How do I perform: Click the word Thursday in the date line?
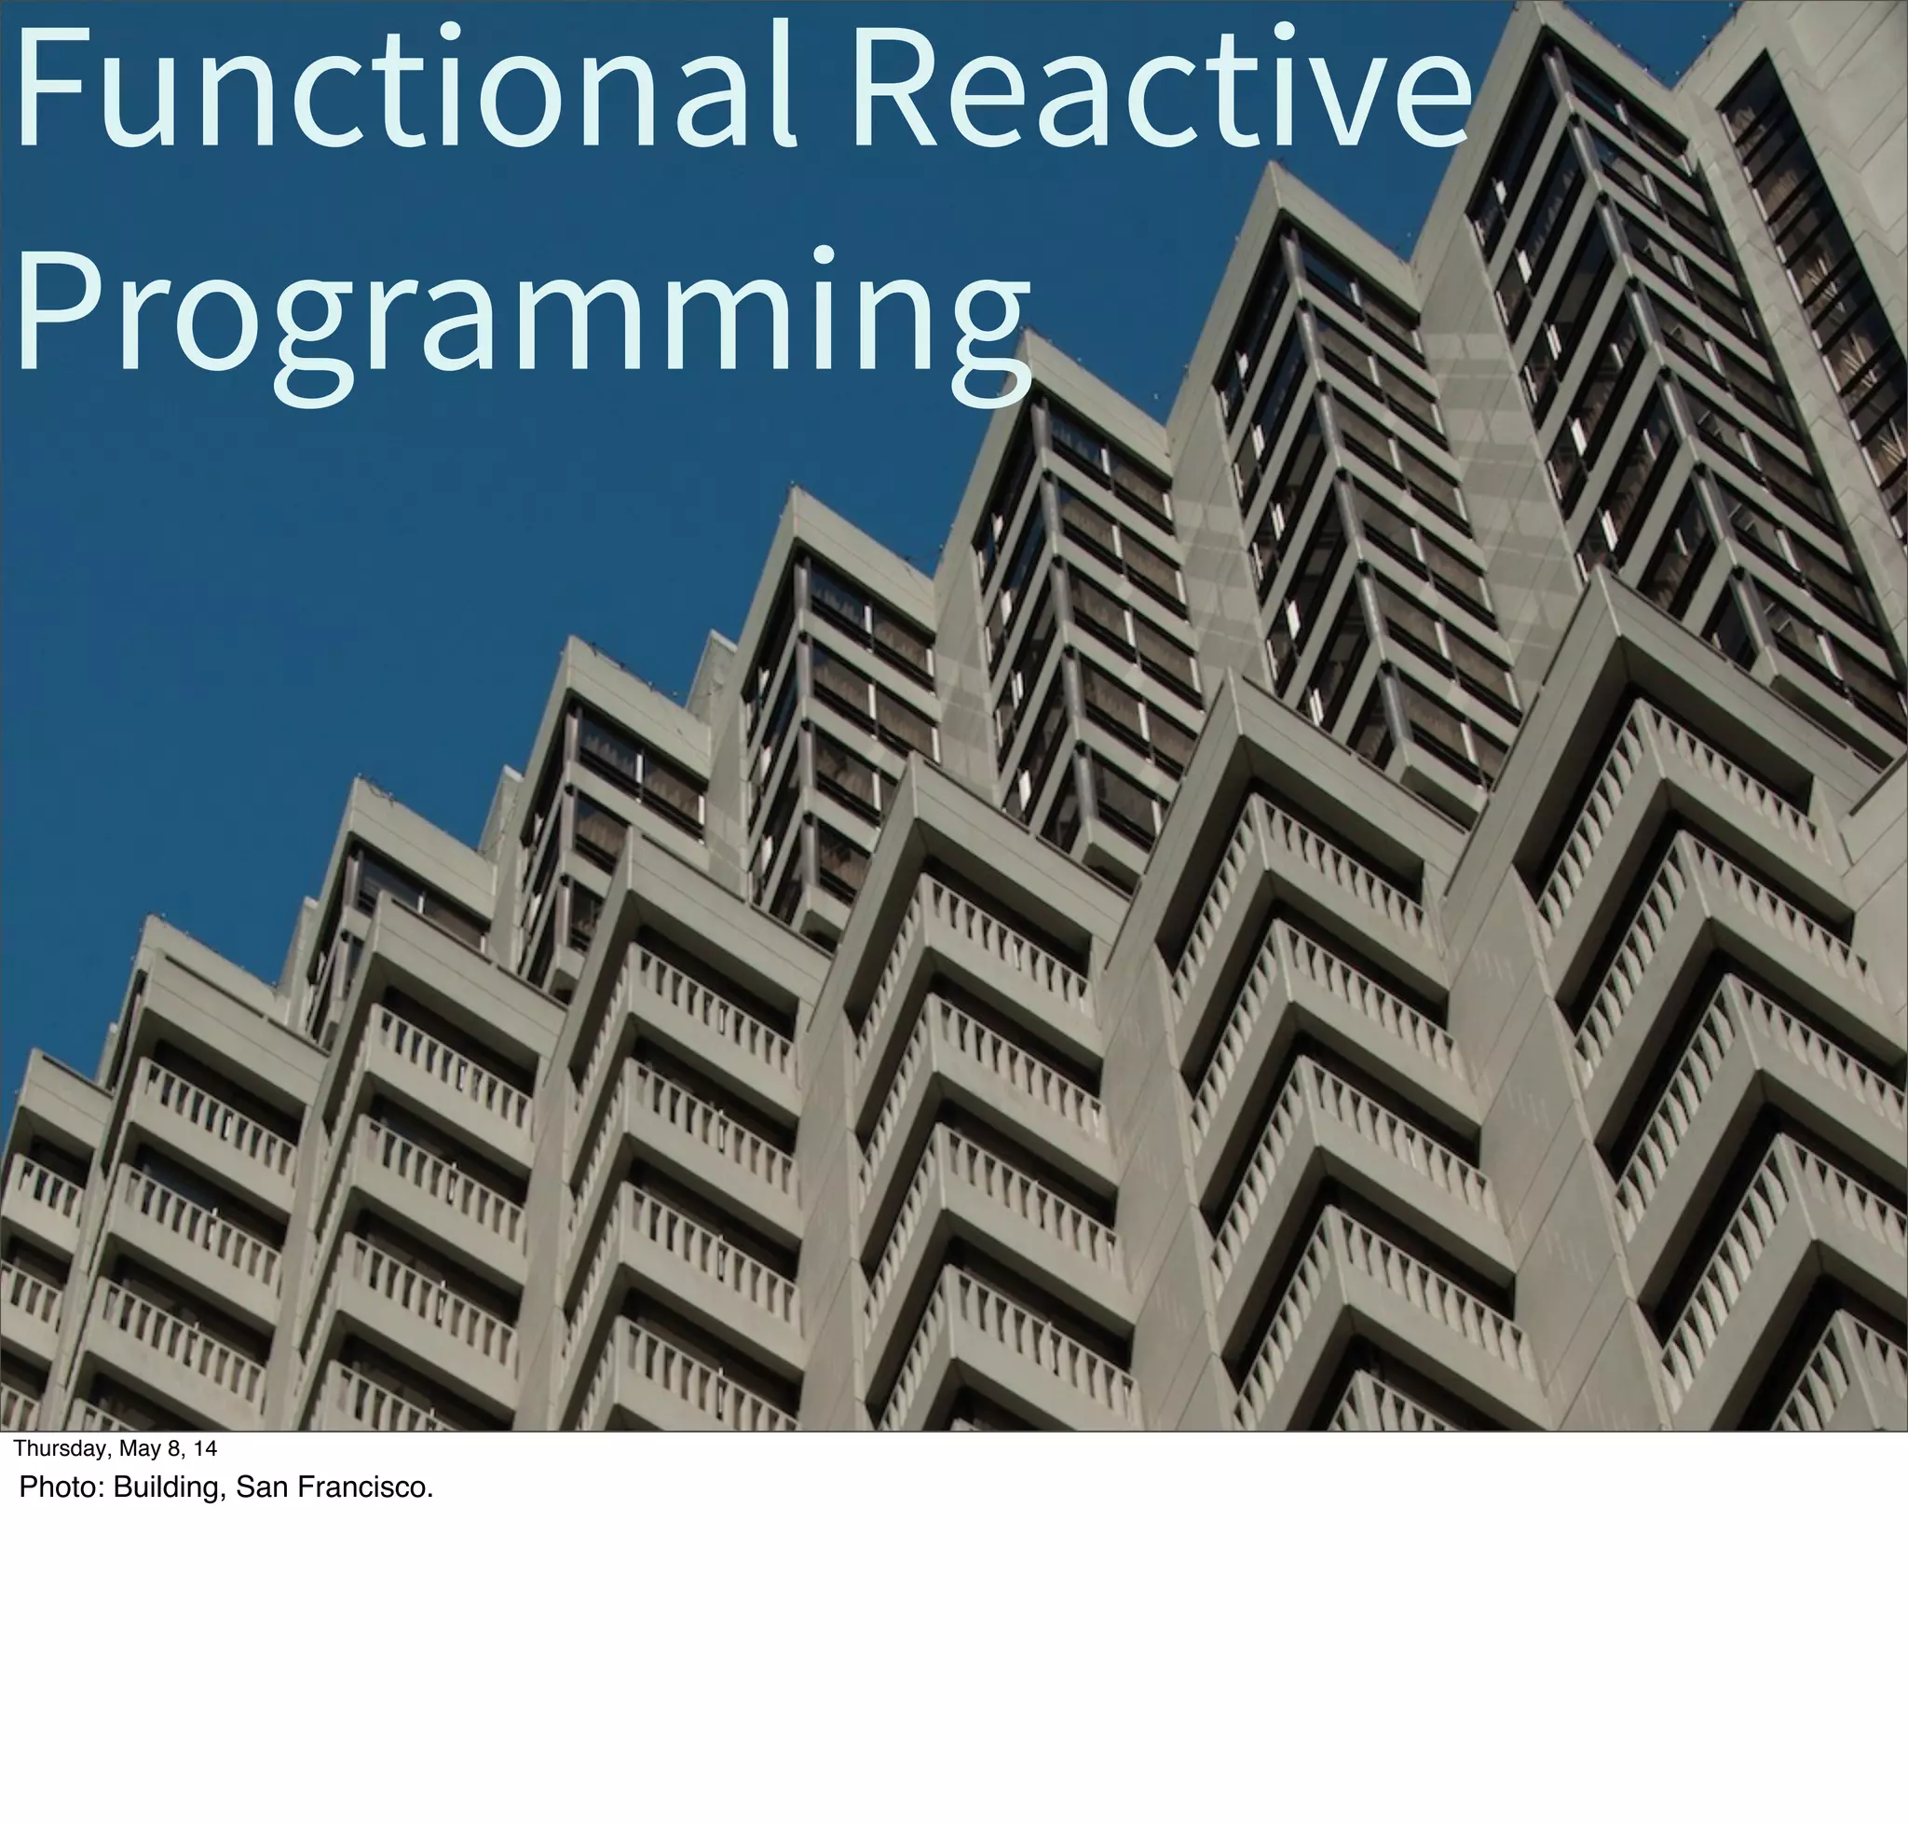(x=61, y=1449)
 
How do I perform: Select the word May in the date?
(x=140, y=1449)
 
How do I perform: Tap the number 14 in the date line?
(x=205, y=1449)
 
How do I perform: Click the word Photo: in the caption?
(x=61, y=1487)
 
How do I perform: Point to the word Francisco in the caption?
(x=365, y=1487)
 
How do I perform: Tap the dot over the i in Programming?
(x=824, y=254)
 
